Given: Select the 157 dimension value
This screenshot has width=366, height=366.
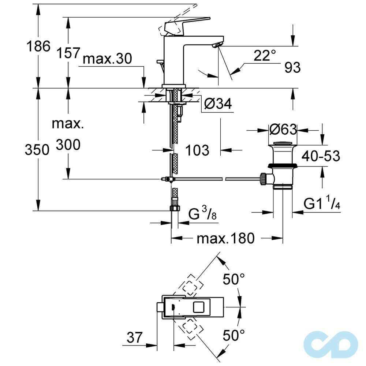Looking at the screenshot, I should coord(68,53).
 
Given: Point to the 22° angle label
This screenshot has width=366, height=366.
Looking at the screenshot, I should coord(265,56).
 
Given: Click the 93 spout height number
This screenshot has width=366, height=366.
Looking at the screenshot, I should coord(292,68).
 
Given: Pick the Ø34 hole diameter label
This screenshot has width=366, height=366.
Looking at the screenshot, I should coord(218,104).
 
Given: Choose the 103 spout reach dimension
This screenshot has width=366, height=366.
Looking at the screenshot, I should coord(197,150).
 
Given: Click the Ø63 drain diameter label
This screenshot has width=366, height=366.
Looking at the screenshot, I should coord(282,130).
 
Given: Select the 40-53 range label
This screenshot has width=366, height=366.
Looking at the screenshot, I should coord(321,156).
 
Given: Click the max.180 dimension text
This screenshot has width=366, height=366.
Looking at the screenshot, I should coord(225,238).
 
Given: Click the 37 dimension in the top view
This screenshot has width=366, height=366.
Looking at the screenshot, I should coord(134,337).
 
